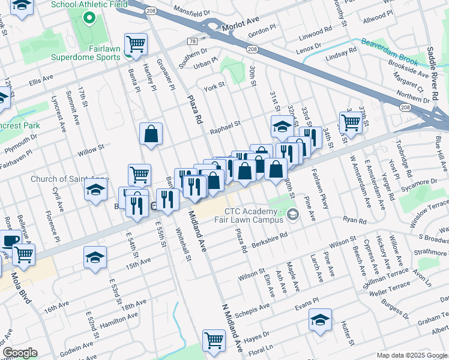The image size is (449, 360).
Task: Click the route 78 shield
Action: (192, 41)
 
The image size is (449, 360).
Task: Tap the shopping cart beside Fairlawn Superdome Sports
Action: (136, 44)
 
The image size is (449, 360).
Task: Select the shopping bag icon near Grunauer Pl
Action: (151, 134)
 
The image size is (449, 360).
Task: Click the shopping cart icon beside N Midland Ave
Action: (214, 341)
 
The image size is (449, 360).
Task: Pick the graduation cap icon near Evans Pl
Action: (321, 321)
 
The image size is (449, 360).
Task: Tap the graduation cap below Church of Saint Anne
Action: (95, 192)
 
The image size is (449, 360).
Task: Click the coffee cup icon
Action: (10, 242)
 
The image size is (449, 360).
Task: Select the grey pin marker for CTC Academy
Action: (292, 214)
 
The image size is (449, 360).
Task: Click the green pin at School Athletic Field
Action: (90, 17)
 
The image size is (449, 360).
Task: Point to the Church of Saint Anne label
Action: (70, 179)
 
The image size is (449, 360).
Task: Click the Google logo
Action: (20, 353)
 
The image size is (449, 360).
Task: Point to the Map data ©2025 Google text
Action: (411, 355)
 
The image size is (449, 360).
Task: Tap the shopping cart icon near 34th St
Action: (351, 122)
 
